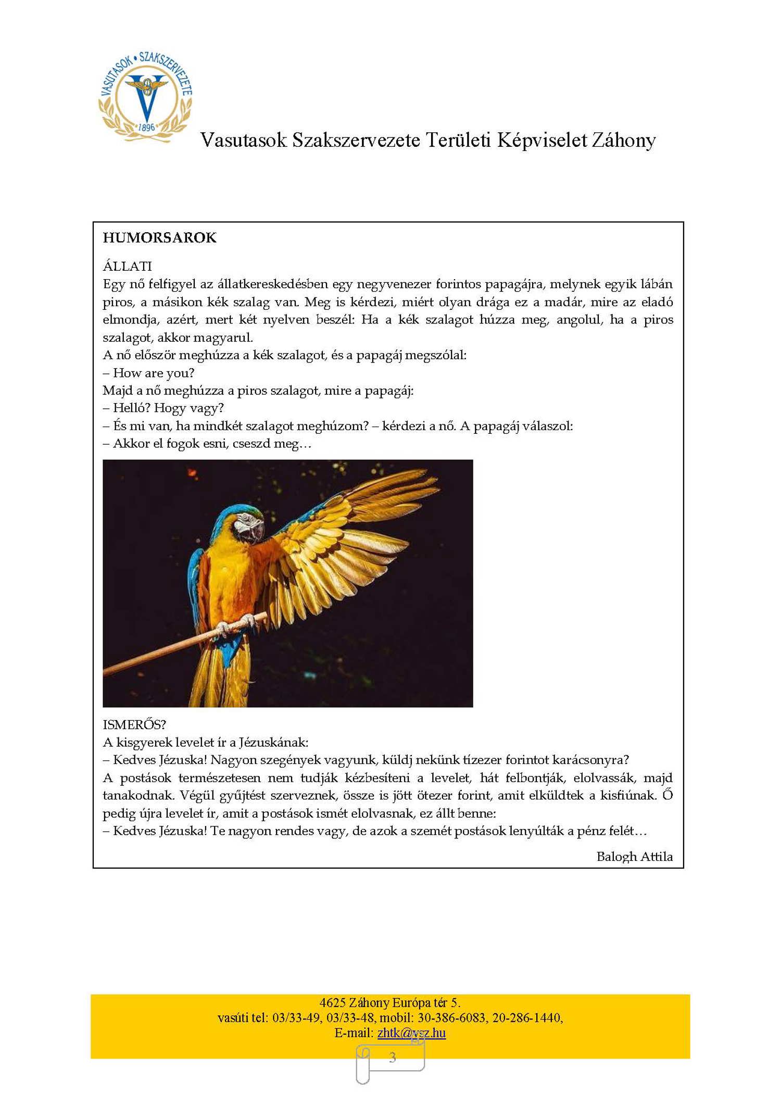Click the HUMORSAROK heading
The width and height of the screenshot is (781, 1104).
[x=159, y=238]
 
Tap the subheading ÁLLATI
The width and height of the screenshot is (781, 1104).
[x=127, y=267]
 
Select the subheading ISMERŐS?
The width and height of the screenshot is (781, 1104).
[x=134, y=724]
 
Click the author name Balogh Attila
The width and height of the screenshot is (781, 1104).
[x=634, y=857]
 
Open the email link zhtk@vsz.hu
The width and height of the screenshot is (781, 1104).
[x=411, y=1033]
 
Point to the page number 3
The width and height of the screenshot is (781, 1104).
[x=392, y=1057]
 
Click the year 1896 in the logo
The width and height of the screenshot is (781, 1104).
[x=147, y=127]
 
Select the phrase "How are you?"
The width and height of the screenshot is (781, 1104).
[x=154, y=373]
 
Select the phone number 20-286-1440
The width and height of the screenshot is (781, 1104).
[x=526, y=1018]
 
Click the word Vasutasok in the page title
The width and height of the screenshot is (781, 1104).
[x=244, y=140]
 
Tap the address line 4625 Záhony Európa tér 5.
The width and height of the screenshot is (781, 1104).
[x=390, y=1002]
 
